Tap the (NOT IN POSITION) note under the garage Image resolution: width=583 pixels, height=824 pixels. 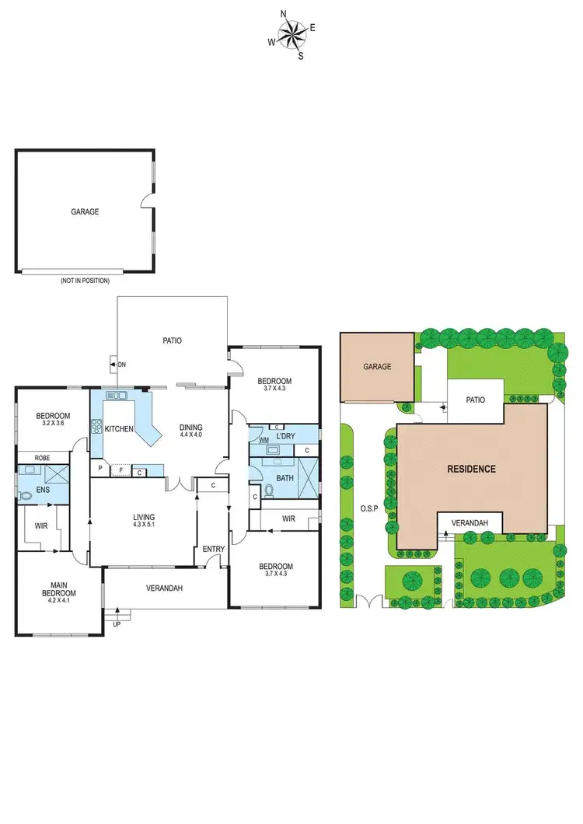click(x=85, y=281)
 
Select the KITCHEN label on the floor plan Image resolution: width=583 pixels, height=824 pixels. click(x=119, y=429)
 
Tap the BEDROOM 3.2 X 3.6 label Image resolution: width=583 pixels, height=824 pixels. click(x=53, y=420)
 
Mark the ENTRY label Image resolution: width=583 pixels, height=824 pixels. click(x=213, y=550)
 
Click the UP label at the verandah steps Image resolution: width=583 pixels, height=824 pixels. click(x=117, y=624)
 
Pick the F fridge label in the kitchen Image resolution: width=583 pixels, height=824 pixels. click(x=121, y=470)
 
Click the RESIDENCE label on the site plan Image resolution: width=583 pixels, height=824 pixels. click(x=470, y=469)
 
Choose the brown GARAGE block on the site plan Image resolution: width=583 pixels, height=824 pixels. click(x=377, y=367)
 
